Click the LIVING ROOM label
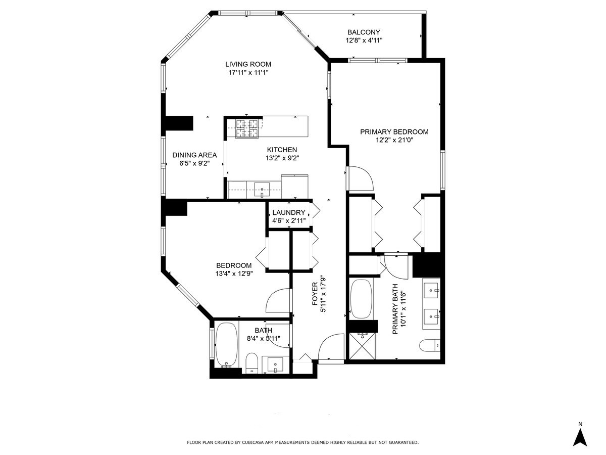point(248,64)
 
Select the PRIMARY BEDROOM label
point(394,132)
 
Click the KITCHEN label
point(282,150)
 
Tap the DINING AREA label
point(194,155)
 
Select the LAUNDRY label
point(288,213)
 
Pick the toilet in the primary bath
point(430,346)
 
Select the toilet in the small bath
point(251,362)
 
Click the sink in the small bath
point(275,363)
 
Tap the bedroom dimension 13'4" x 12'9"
point(233,274)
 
